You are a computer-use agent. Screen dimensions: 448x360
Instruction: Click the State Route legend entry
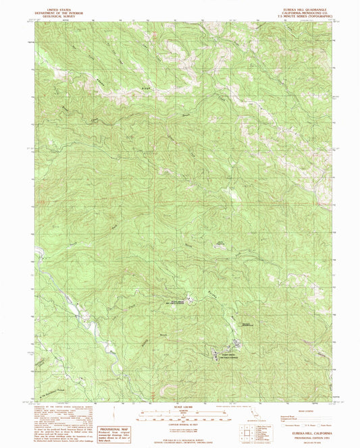(x=323, y=424)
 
